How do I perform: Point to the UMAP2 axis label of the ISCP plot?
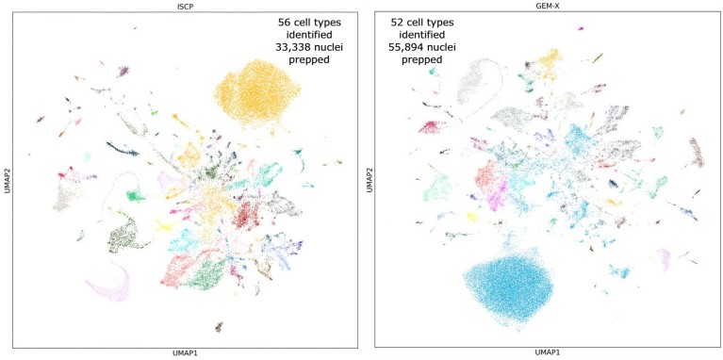coord(6,179)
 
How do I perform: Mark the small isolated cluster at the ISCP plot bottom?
coord(219,326)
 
